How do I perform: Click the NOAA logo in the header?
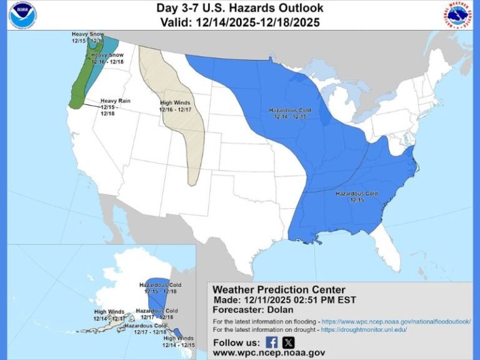[x=22, y=15]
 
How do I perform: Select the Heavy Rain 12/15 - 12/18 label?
[x=116, y=107]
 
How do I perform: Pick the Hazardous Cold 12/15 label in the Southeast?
[x=356, y=197]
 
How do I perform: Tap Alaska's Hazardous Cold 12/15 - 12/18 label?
[x=161, y=288]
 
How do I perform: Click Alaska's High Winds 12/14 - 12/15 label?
[x=179, y=341]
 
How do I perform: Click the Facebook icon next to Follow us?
[x=272, y=342]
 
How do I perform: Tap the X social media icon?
[x=288, y=342]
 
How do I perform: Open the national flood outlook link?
[x=397, y=321]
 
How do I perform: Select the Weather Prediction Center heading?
[x=279, y=289]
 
